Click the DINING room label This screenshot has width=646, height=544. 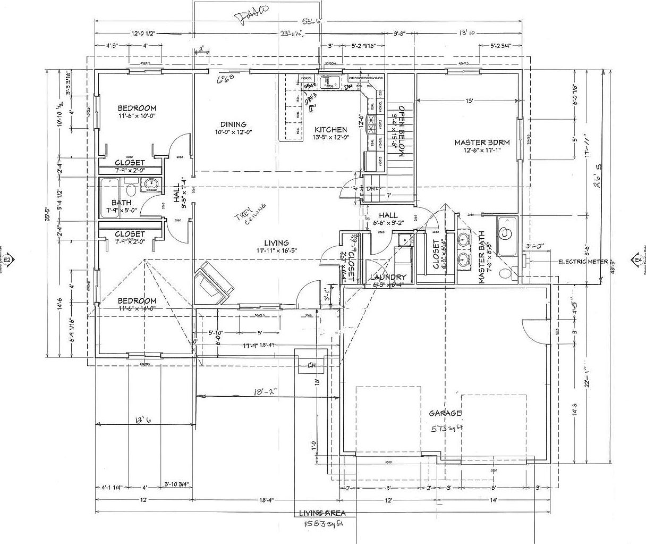pos(230,124)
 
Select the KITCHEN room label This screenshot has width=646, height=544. pos(330,129)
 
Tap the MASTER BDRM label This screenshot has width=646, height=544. pos(482,142)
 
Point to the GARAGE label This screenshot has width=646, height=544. pos(445,413)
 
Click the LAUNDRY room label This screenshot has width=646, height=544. pos(388,277)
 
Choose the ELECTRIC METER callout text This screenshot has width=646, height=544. pos(583,262)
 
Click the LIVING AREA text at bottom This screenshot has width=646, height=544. pos(322,513)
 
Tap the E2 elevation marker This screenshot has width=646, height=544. pos(10,260)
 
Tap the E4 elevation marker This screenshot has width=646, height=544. pos(637,260)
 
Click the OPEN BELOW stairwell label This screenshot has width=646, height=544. pos(402,130)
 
